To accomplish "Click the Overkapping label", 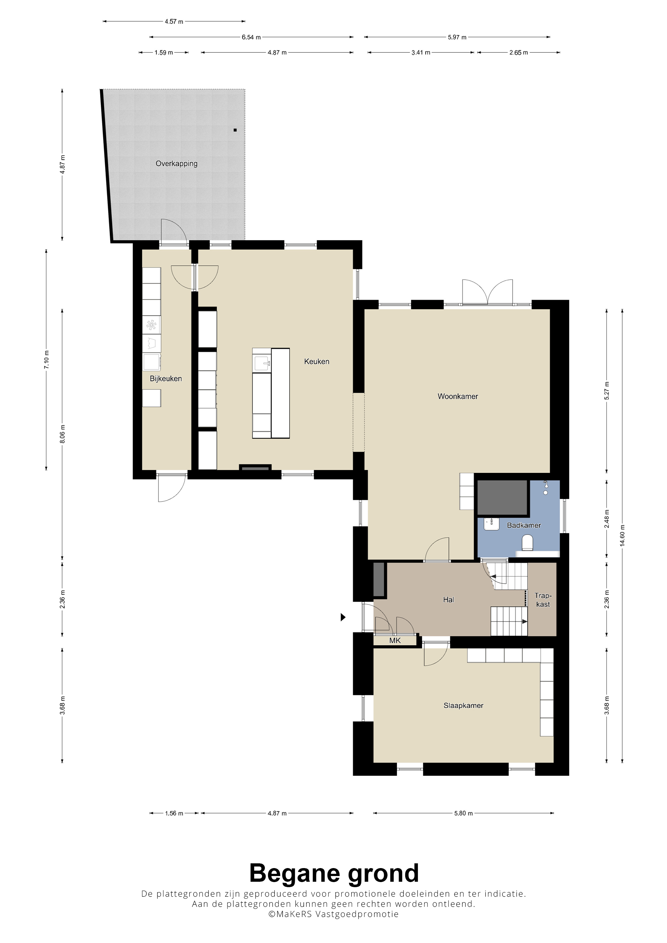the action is pyautogui.click(x=176, y=163).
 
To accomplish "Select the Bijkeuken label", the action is pyautogui.click(x=165, y=379).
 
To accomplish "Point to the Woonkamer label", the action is pyautogui.click(x=458, y=396).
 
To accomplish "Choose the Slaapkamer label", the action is pyautogui.click(x=463, y=706).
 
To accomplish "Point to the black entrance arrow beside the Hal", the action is pyautogui.click(x=343, y=617).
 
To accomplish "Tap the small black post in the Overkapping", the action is pyautogui.click(x=235, y=130).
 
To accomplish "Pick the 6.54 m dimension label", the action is pyautogui.click(x=251, y=37).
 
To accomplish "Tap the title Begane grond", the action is pyautogui.click(x=334, y=873).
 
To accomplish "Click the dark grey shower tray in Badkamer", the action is pyautogui.click(x=502, y=497).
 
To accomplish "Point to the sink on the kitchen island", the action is pyautogui.click(x=262, y=363).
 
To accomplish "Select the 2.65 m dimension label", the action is pyautogui.click(x=518, y=53).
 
